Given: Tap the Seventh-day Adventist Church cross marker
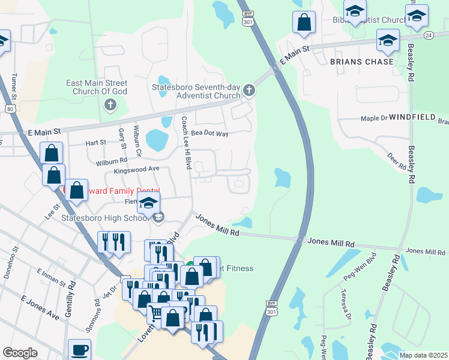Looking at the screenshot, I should click(x=250, y=91).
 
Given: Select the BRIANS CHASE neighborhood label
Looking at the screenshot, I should click(x=361, y=62).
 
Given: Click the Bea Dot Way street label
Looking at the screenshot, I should click(x=209, y=133).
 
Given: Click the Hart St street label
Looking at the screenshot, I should click(x=95, y=143).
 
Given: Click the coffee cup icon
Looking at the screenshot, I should click(x=80, y=349).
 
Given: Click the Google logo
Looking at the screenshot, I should click(x=20, y=353).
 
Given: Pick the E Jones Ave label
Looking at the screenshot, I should click(x=40, y=307).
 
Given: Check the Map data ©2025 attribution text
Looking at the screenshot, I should click(x=423, y=355).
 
